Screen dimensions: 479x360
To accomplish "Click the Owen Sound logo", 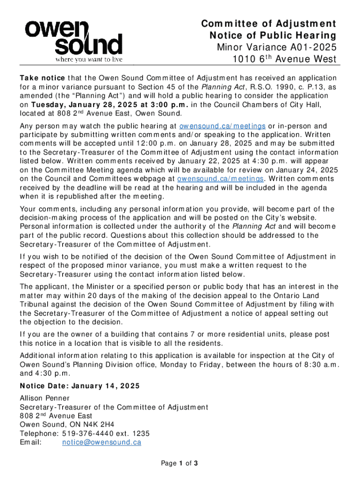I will (x=74, y=37).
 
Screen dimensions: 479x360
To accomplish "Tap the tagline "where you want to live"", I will (x=89, y=59).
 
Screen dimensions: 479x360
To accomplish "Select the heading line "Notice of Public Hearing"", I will (x=273, y=36).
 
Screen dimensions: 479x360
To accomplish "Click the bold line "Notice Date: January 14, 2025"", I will (x=79, y=386).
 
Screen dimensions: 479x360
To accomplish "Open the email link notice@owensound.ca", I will (x=101, y=442).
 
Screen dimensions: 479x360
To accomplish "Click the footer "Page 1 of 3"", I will (x=180, y=464).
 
